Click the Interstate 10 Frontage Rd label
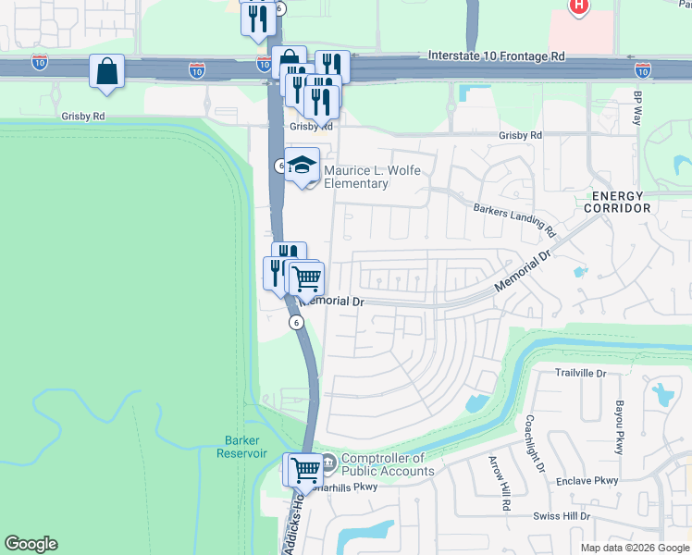click(496, 56)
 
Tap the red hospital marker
click(579, 6)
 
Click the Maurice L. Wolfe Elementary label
click(356, 177)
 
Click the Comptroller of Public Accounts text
click(388, 464)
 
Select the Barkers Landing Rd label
click(513, 218)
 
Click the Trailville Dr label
click(579, 374)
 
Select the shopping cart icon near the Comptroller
click(304, 468)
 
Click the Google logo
click(31, 544)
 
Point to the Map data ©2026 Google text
click(634, 548)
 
